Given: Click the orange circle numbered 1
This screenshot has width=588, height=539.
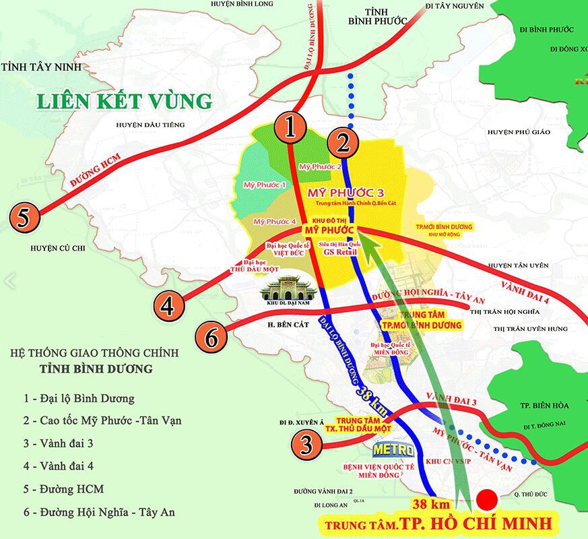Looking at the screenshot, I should point(291,127).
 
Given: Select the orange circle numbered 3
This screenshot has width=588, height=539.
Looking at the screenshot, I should point(306,444).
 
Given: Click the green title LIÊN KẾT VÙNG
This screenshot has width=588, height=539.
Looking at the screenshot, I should point(124,101).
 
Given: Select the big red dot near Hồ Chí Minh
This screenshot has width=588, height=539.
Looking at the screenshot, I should point(487,499).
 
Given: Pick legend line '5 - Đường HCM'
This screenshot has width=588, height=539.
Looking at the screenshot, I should point(63,488).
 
